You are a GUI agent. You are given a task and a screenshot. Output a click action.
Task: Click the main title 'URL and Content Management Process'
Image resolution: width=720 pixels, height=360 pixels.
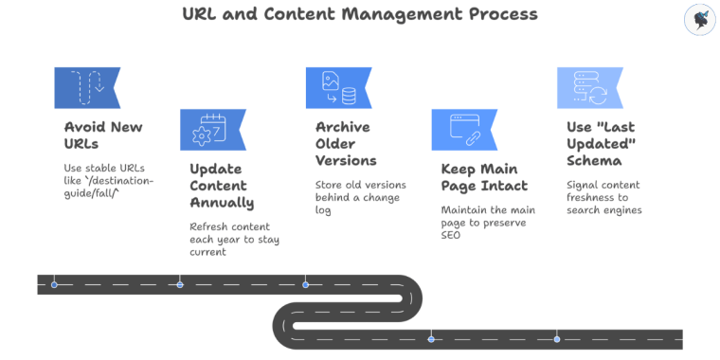[359, 14]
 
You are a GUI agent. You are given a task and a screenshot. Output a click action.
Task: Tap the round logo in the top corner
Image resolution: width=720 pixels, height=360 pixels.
[698, 20]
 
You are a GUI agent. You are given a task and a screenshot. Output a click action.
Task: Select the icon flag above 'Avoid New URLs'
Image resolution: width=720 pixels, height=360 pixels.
[86, 87]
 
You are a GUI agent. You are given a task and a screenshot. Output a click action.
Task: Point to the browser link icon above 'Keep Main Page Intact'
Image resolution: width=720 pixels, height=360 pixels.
[463, 130]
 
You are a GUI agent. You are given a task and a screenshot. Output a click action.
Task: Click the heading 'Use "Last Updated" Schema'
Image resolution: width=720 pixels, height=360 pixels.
[601, 143]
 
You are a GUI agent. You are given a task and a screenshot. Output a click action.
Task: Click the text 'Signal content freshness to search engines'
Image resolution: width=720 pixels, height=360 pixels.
[604, 196]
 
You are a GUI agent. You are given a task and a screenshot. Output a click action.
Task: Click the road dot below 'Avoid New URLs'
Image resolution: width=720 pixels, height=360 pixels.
[54, 284]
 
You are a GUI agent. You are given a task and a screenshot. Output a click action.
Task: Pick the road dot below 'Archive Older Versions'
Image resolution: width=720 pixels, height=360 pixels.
[305, 284]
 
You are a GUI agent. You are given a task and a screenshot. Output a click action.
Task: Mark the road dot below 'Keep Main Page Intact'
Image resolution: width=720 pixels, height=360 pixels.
[431, 338]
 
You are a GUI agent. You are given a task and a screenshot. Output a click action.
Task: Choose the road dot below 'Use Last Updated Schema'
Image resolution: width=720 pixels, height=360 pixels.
[557, 338]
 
